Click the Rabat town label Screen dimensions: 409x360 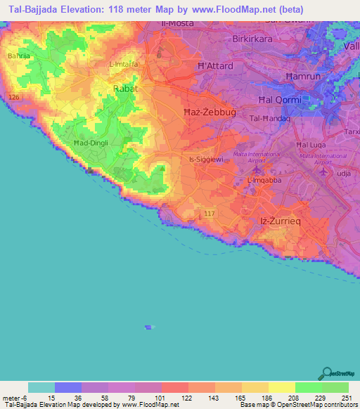coord(126,89)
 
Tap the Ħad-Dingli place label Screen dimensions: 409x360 coord(90,143)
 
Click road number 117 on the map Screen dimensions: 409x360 coord(208,212)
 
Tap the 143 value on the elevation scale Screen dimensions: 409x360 coord(215,398)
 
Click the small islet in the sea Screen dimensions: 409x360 coord(148,327)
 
